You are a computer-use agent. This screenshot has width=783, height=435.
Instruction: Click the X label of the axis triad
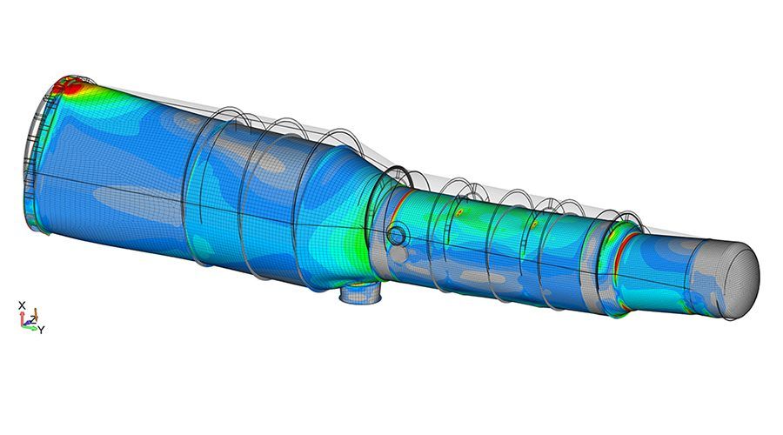point(22,305)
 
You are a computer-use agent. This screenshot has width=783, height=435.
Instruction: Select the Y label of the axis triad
point(42,330)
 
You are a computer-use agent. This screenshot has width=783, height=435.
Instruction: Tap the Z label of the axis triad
point(33,319)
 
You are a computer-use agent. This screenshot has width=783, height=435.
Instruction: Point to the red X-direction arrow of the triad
point(22,318)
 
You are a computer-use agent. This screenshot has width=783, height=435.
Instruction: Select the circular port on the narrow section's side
point(398,234)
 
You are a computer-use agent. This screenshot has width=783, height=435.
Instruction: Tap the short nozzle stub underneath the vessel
point(360,293)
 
